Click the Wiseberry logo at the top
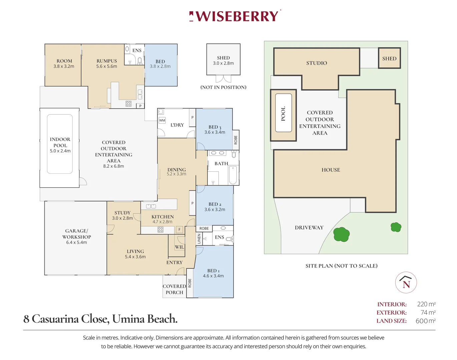point(235,16)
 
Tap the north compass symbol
point(406,283)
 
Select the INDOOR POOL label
point(60,142)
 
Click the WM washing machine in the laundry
point(162,120)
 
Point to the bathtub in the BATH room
point(233,175)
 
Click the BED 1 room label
point(213,271)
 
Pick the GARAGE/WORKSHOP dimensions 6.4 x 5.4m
point(76,242)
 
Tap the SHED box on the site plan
point(389,58)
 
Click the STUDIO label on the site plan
point(317,63)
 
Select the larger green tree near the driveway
point(341,234)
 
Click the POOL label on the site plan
point(283,113)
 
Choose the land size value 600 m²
point(425,321)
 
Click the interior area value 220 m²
point(426,304)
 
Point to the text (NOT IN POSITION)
point(223,87)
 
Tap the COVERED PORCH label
point(174,289)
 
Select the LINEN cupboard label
point(199,239)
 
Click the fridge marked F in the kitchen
point(179,230)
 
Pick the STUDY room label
point(122,213)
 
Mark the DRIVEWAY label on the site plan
point(309,228)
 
